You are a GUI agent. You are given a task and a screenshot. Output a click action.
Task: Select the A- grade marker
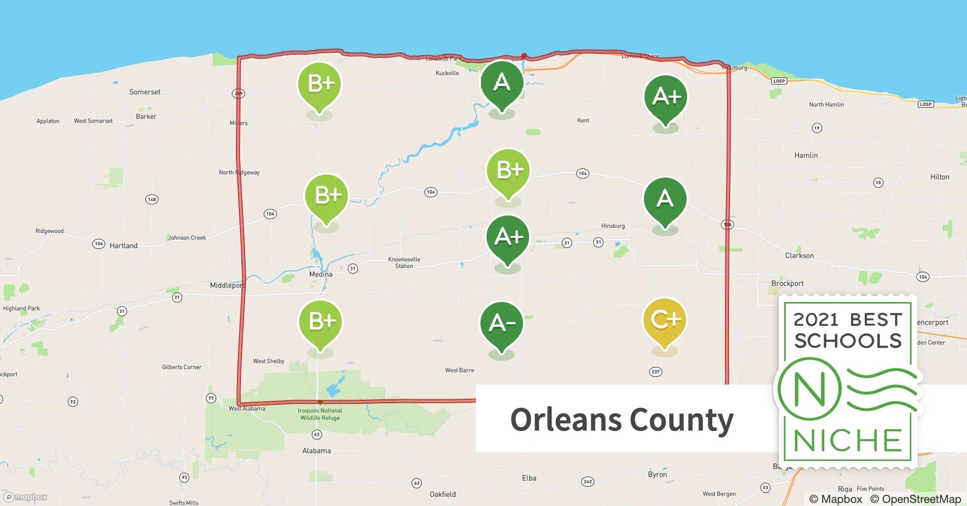501,324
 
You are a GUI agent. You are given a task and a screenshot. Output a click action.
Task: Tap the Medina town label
321,274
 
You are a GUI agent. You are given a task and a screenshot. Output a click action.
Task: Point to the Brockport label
787,283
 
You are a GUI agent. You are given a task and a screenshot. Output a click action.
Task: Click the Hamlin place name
806,155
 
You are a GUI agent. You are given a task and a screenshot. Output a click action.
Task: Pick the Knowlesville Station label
404,263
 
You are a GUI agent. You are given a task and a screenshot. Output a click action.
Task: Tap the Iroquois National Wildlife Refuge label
320,414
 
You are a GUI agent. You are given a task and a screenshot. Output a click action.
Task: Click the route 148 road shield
152,199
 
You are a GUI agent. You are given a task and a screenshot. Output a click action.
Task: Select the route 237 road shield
656,372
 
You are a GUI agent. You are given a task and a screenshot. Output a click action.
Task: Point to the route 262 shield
588,481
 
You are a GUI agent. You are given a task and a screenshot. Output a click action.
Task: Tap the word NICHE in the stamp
848,441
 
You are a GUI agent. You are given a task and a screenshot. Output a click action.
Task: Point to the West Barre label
460,370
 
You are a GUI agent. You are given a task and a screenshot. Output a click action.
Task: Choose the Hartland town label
124,246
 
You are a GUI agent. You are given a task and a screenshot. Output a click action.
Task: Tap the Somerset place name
145,92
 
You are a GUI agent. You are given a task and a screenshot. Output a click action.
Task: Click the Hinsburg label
613,226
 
